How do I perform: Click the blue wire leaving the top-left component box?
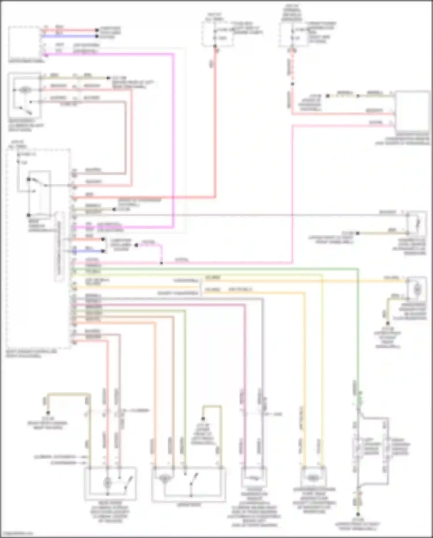[x=69, y=36]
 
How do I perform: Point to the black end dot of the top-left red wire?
[x=97, y=30]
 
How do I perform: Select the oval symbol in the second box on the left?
[x=25, y=90]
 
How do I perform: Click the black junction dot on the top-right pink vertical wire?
[x=292, y=84]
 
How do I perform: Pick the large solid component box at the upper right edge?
[x=412, y=111]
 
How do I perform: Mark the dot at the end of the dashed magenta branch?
[x=137, y=245]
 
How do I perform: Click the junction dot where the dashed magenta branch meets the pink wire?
[x=161, y=263]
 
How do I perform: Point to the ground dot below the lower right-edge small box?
[x=388, y=323]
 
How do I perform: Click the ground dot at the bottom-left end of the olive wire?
[x=48, y=413]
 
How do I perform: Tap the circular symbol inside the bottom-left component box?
[x=107, y=482]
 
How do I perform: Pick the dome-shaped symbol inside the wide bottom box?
[x=164, y=478]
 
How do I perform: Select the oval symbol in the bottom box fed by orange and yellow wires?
[x=313, y=478]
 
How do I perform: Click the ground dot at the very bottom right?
[x=358, y=514]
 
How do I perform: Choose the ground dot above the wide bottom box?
[x=203, y=419]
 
